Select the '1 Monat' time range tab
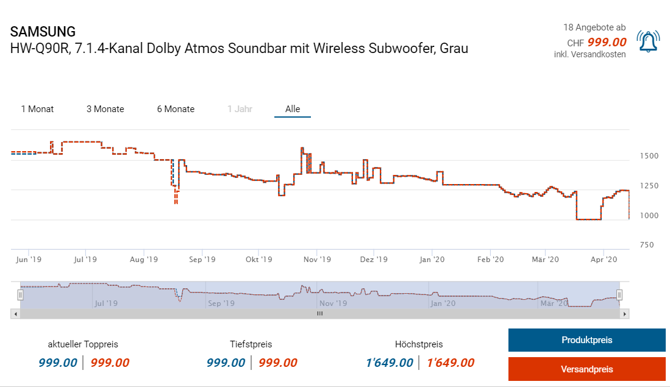(37, 109)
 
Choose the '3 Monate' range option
(105, 109)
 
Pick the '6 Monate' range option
(176, 109)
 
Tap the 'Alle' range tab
(293, 109)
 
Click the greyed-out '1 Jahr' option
(240, 109)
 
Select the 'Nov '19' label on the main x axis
(316, 260)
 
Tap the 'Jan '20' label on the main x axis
(432, 260)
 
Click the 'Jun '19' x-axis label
(28, 260)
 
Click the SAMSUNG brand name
(43, 32)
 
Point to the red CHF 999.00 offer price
(607, 42)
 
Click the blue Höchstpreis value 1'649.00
(389, 363)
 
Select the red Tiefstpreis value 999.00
(278, 363)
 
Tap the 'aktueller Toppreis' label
(84, 344)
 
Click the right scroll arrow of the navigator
(624, 313)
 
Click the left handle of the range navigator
(20, 295)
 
